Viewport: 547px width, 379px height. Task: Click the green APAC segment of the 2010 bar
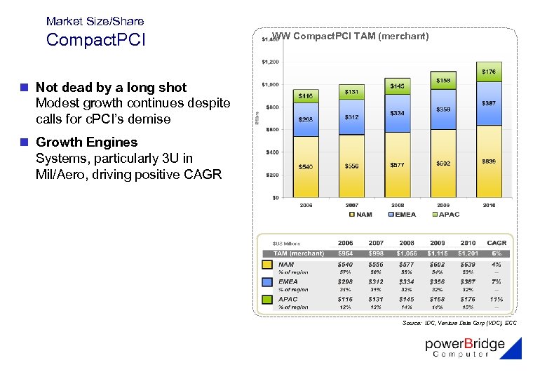click(x=489, y=72)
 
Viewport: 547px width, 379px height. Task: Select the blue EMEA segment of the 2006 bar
click(x=306, y=119)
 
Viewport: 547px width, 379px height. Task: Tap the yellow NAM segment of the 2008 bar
click(x=397, y=164)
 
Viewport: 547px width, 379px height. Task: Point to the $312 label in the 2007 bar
click(x=351, y=117)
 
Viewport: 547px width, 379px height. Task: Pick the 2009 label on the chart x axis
click(x=443, y=205)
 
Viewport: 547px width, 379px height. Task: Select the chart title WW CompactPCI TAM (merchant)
click(x=350, y=36)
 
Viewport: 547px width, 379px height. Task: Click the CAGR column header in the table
click(x=497, y=243)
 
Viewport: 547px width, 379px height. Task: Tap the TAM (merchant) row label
click(x=298, y=253)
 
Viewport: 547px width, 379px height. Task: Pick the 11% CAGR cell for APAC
click(x=497, y=299)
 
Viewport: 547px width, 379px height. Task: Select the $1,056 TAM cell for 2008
click(x=406, y=253)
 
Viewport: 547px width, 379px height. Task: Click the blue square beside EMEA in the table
click(x=266, y=283)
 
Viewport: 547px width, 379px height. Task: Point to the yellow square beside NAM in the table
click(x=266, y=265)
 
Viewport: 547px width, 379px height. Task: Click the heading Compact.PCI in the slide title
click(x=95, y=40)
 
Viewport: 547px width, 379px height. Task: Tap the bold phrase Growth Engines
click(x=86, y=142)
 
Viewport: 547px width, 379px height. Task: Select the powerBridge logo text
click(x=465, y=345)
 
